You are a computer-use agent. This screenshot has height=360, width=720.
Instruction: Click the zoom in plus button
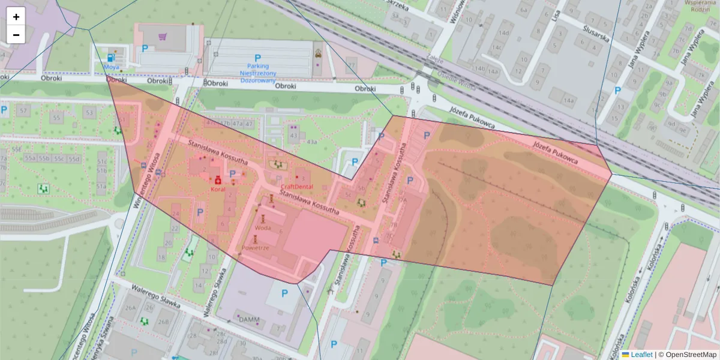[16, 17]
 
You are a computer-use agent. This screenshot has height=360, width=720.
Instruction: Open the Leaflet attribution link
[637, 355]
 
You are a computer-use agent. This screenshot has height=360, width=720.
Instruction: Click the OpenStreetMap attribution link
[687, 355]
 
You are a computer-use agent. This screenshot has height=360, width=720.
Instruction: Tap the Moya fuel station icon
[111, 58]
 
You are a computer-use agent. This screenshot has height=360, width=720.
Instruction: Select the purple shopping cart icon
[163, 36]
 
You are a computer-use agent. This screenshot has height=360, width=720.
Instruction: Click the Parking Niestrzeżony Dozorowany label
[258, 73]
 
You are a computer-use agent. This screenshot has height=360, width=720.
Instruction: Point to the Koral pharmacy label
[217, 189]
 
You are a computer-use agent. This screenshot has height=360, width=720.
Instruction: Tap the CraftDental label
[296, 187]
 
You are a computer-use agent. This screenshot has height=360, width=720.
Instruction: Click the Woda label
[262, 227]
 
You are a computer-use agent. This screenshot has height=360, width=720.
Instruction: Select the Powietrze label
[255, 247]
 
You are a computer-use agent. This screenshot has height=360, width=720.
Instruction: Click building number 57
[24, 111]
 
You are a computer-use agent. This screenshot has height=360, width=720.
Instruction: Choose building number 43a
[311, 142]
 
